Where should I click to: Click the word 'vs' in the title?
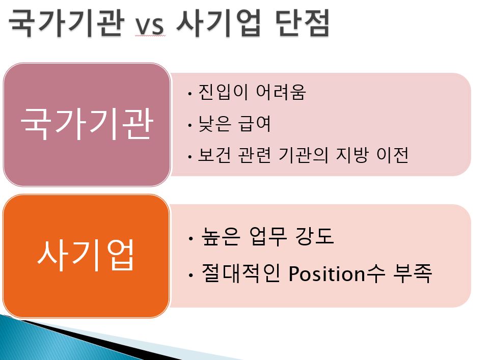(x=149, y=25)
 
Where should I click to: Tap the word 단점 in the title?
(x=303, y=23)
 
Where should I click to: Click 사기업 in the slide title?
(x=219, y=23)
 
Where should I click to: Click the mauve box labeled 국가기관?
(x=87, y=125)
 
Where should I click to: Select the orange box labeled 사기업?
(x=86, y=256)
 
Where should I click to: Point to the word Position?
(x=326, y=273)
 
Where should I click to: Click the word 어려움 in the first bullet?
(x=281, y=92)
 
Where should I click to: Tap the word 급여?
(x=254, y=124)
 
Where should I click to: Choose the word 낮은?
(x=214, y=124)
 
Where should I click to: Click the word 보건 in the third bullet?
(x=214, y=155)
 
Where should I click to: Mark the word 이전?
(x=393, y=155)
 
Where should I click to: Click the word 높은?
(x=221, y=236)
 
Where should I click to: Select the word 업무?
(x=268, y=236)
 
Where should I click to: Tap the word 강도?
(x=315, y=236)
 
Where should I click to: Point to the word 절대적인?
(x=241, y=273)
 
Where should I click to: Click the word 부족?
(x=413, y=273)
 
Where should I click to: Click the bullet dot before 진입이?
(x=189, y=94)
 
